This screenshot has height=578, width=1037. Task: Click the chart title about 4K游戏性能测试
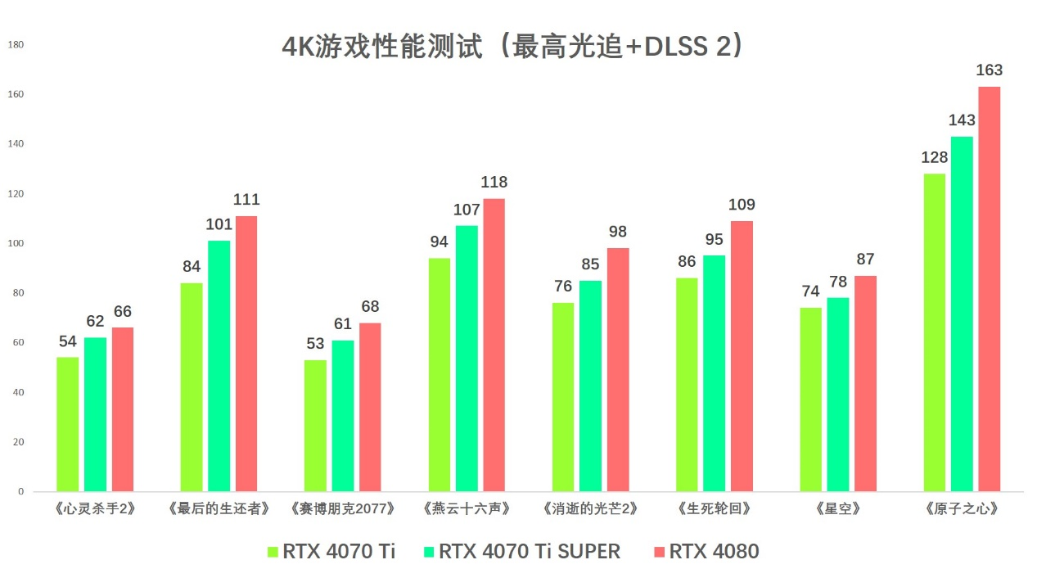pyautogui.click(x=513, y=47)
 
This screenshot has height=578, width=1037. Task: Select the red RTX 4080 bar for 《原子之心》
pyautogui.click(x=989, y=289)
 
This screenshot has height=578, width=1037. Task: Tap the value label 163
pyautogui.click(x=989, y=70)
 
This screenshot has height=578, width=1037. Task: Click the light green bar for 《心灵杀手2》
pyautogui.click(x=68, y=424)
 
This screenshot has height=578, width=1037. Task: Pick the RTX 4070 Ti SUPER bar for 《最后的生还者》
pyautogui.click(x=219, y=366)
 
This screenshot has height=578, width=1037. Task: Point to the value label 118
pyautogui.click(x=494, y=183)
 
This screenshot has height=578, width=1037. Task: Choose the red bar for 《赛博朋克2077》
pyautogui.click(x=370, y=407)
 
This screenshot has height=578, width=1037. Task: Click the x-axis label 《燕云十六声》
pyautogui.click(x=467, y=508)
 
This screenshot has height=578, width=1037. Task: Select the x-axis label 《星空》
pyautogui.click(x=838, y=508)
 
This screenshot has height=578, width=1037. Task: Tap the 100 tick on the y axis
pyautogui.click(x=16, y=243)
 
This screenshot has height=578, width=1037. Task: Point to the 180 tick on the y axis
pyautogui.click(x=16, y=45)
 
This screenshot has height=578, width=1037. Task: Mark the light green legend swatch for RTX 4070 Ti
pyautogui.click(x=273, y=552)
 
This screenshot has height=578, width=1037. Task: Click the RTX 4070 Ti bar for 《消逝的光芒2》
pyautogui.click(x=563, y=397)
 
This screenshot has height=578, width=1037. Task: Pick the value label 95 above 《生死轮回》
pyautogui.click(x=714, y=239)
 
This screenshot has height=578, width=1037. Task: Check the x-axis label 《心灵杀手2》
pyautogui.click(x=95, y=508)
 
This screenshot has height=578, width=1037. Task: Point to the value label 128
pyautogui.click(x=934, y=157)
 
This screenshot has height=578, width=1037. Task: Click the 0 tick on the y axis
pyautogui.click(x=21, y=491)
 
